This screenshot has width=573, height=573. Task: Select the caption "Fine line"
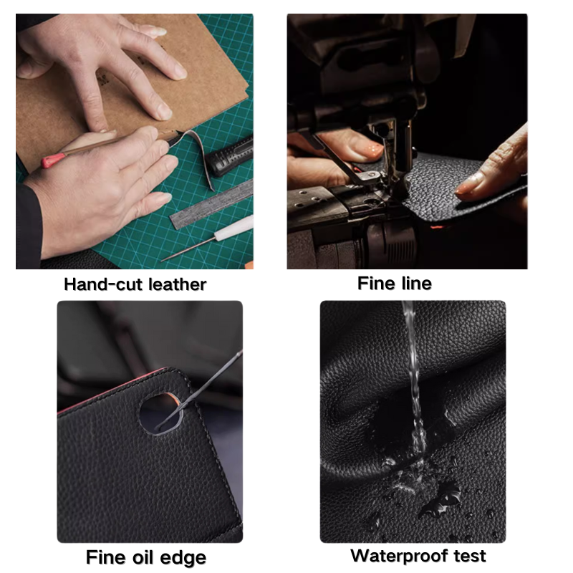pyautogui.click(x=395, y=283)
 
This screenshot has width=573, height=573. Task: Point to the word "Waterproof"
pyautogui.click(x=400, y=557)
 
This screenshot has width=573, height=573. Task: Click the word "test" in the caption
pyautogui.click(x=470, y=557)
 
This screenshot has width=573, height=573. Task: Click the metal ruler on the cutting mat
pyautogui.click(x=211, y=206)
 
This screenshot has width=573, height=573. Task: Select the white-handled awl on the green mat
pyautogui.click(x=207, y=239)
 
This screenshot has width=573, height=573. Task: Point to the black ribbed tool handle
pyautogui.click(x=229, y=156)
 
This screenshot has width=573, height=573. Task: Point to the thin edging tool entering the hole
pyautogui.click(x=201, y=389)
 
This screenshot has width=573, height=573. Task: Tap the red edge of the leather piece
pyautogui.click(x=110, y=390)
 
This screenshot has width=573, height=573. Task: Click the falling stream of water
pyautogui.click(x=415, y=377)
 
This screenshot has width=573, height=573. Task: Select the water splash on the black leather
pyautogui.click(x=420, y=482)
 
